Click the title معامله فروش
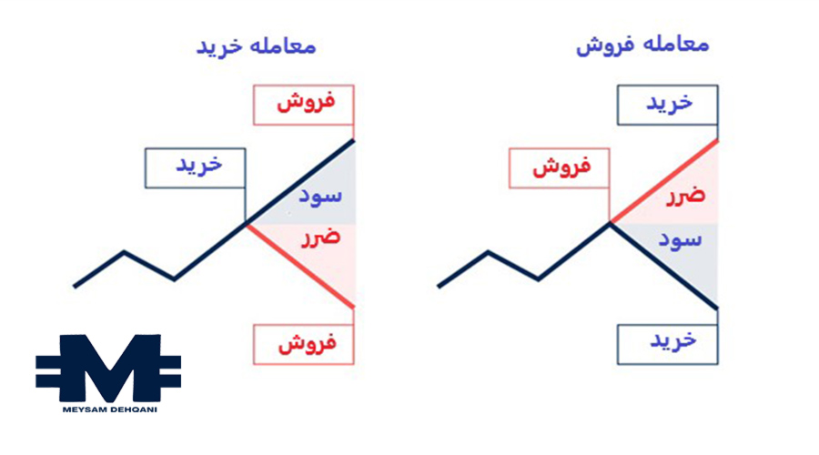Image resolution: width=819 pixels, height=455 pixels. coord(642,45)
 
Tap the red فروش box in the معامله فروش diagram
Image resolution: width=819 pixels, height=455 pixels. coord(558,167)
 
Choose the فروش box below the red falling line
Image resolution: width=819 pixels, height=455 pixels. coord(303,344)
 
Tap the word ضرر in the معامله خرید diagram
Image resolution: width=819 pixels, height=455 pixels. coord(319,238)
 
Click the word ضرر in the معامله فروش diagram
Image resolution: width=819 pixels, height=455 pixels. coord(686,197)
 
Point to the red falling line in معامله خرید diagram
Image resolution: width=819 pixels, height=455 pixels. coord(300,265)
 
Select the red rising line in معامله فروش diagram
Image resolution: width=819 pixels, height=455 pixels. coord(664,181)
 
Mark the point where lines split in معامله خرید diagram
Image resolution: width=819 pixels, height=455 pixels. coord(247,223)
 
